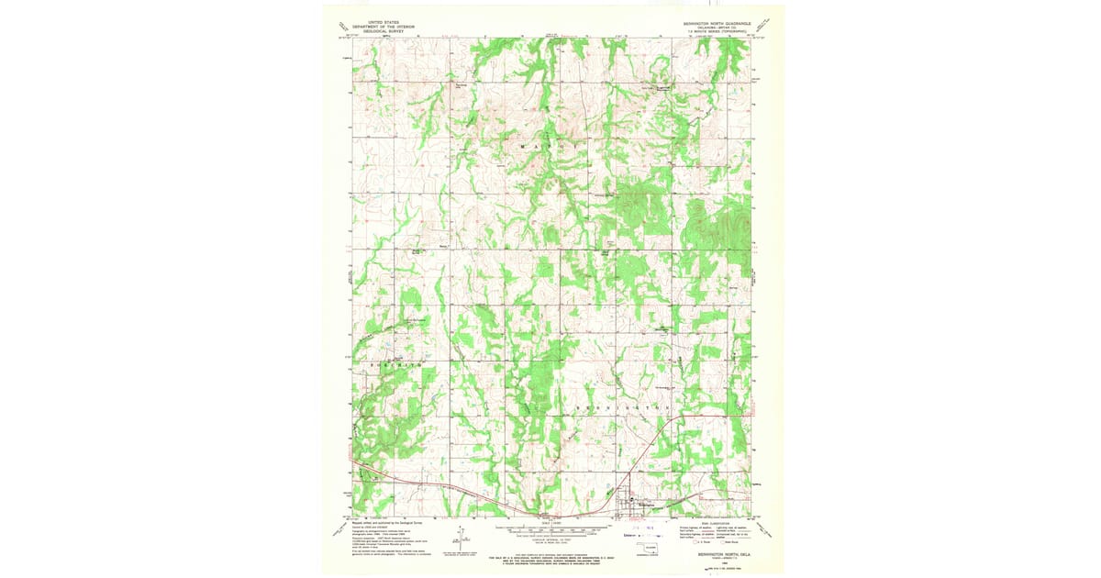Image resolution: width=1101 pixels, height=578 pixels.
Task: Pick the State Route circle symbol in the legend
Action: pyautogui.click(x=724, y=541)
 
